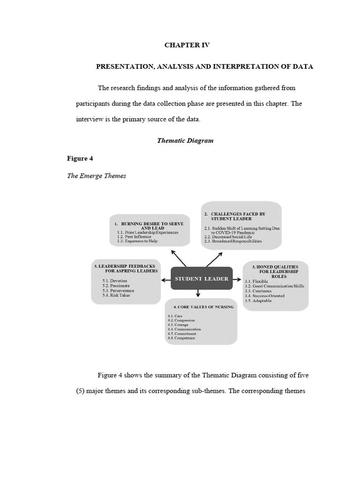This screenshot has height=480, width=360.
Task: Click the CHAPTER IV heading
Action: tap(187, 45)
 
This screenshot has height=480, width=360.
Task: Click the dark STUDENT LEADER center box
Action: tap(202, 278)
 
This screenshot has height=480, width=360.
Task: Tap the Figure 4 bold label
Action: tap(80, 158)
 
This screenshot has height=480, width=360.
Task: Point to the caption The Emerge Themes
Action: tap(97, 176)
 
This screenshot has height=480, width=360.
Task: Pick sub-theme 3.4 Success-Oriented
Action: tap(264, 296)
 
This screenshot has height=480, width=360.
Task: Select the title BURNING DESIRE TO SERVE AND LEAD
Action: tap(149, 225)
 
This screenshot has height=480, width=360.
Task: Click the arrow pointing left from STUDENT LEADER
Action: tap(165, 280)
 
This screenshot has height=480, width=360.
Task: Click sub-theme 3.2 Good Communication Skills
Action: tap(274, 286)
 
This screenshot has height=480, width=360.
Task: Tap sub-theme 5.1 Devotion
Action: tap(115, 280)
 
